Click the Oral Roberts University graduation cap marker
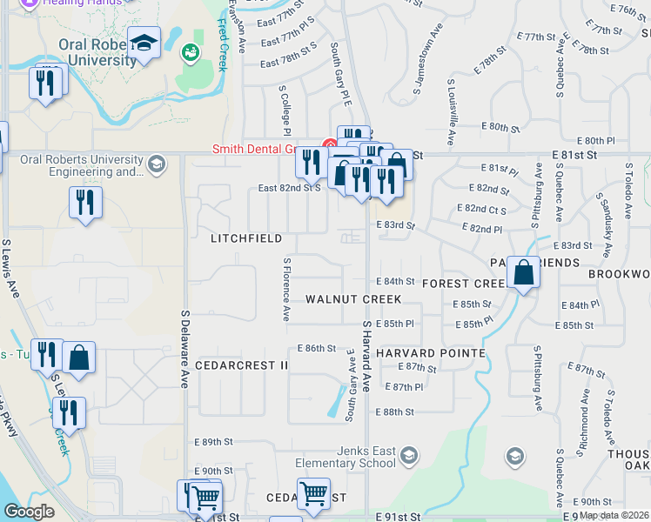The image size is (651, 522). (x=144, y=43)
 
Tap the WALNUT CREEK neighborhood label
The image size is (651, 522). (x=353, y=299)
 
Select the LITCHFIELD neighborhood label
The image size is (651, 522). (x=246, y=238)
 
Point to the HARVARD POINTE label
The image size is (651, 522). (x=432, y=353)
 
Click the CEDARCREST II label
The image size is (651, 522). (x=241, y=365)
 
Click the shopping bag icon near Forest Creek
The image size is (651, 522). (x=524, y=273)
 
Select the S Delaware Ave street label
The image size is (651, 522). (x=185, y=349)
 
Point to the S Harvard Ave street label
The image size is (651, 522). (x=366, y=366)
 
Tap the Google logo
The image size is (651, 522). (x=29, y=512)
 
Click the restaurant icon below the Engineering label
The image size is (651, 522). (x=85, y=204)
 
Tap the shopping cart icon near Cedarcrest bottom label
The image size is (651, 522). (x=313, y=494)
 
